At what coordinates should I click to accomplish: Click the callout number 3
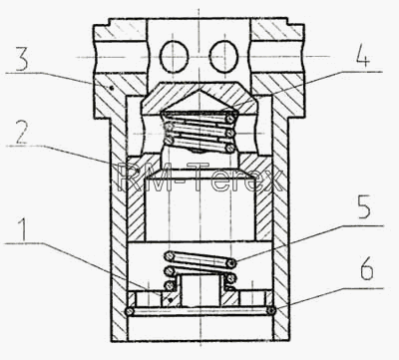22,59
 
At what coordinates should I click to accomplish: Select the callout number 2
21,133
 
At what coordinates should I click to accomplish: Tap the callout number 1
24,230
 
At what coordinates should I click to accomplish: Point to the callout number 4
363,57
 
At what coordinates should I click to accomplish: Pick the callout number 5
364,206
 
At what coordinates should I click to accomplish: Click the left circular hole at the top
175,57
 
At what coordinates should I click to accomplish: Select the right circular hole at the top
223,57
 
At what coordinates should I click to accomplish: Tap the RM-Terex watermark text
200,179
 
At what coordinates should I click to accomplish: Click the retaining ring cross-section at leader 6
272,311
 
